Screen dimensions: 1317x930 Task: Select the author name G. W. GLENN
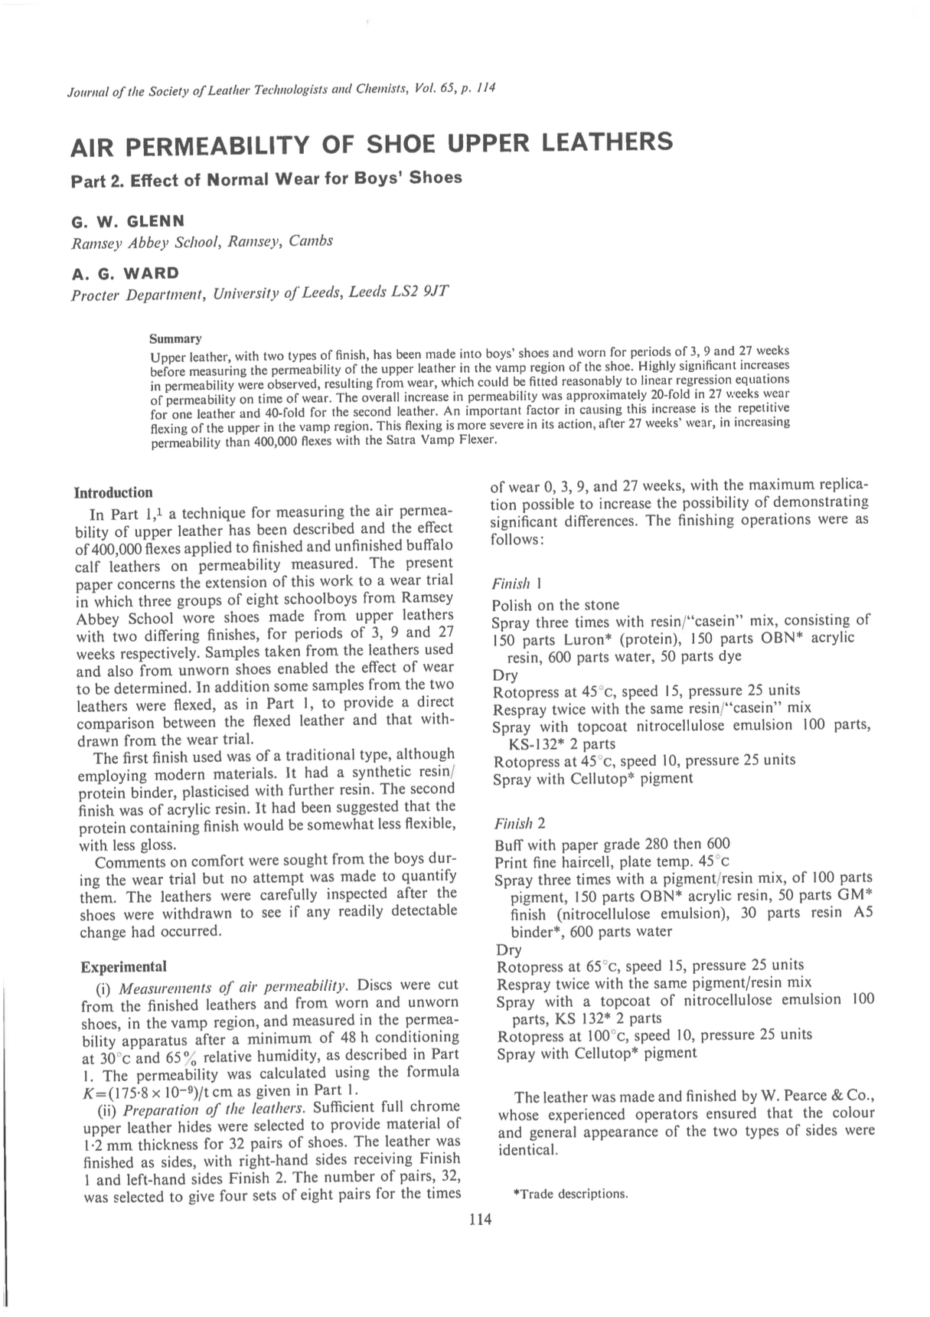[128, 221]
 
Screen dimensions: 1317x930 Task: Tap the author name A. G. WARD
[125, 273]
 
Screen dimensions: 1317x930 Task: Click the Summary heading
[175, 338]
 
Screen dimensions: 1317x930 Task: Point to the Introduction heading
[113, 492]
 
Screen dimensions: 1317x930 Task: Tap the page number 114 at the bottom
[480, 1220]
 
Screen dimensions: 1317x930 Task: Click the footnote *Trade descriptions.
[570, 1194]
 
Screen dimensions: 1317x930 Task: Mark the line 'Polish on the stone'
[556, 605]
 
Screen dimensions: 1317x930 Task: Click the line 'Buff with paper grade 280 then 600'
[612, 845]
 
